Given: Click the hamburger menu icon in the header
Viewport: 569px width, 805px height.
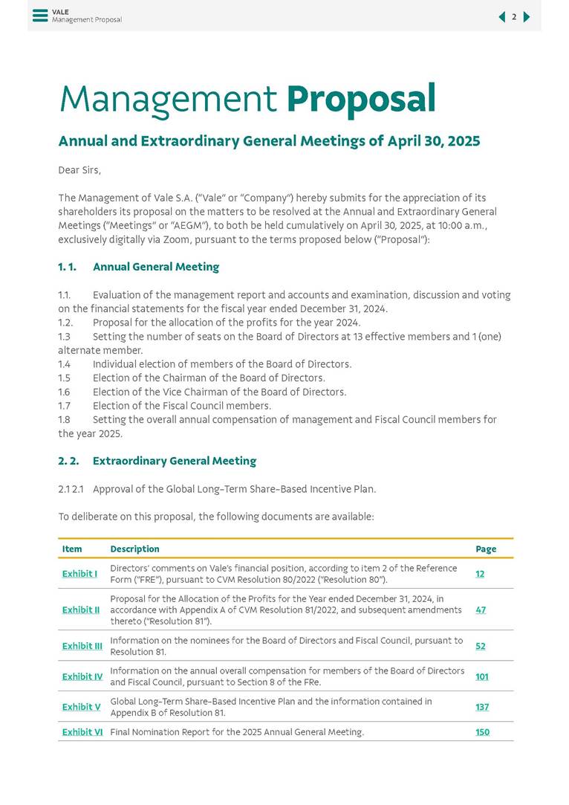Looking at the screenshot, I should (40, 16).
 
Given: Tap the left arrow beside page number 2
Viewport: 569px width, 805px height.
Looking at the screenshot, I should (501, 17).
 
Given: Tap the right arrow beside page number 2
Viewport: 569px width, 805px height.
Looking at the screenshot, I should (527, 17).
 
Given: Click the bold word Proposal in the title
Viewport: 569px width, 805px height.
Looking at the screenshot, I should (360, 100).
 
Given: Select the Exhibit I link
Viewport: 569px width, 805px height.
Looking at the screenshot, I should (79, 574).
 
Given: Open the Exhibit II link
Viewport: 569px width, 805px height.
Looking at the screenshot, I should (80, 610).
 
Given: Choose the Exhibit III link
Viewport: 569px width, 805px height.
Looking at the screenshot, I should (82, 646).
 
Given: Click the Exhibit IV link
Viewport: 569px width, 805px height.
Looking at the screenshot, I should (82, 676).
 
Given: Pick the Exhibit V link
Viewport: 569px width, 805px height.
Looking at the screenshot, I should (81, 707).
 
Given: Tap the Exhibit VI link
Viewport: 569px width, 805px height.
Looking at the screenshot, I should (82, 732).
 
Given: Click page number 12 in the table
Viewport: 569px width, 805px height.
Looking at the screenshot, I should (480, 574).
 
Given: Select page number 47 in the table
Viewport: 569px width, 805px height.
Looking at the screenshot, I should (481, 610).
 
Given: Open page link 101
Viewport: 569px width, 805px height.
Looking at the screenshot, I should (481, 676).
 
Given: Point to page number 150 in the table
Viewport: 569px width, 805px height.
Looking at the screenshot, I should (482, 732).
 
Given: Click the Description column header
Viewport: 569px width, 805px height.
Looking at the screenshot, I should (134, 549).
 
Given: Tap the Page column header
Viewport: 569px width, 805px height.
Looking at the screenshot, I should (486, 549).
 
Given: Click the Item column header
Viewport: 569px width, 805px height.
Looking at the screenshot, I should (72, 549).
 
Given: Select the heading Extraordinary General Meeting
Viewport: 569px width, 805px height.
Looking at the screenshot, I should (174, 461).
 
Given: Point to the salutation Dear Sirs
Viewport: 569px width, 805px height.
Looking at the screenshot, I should (79, 170).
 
